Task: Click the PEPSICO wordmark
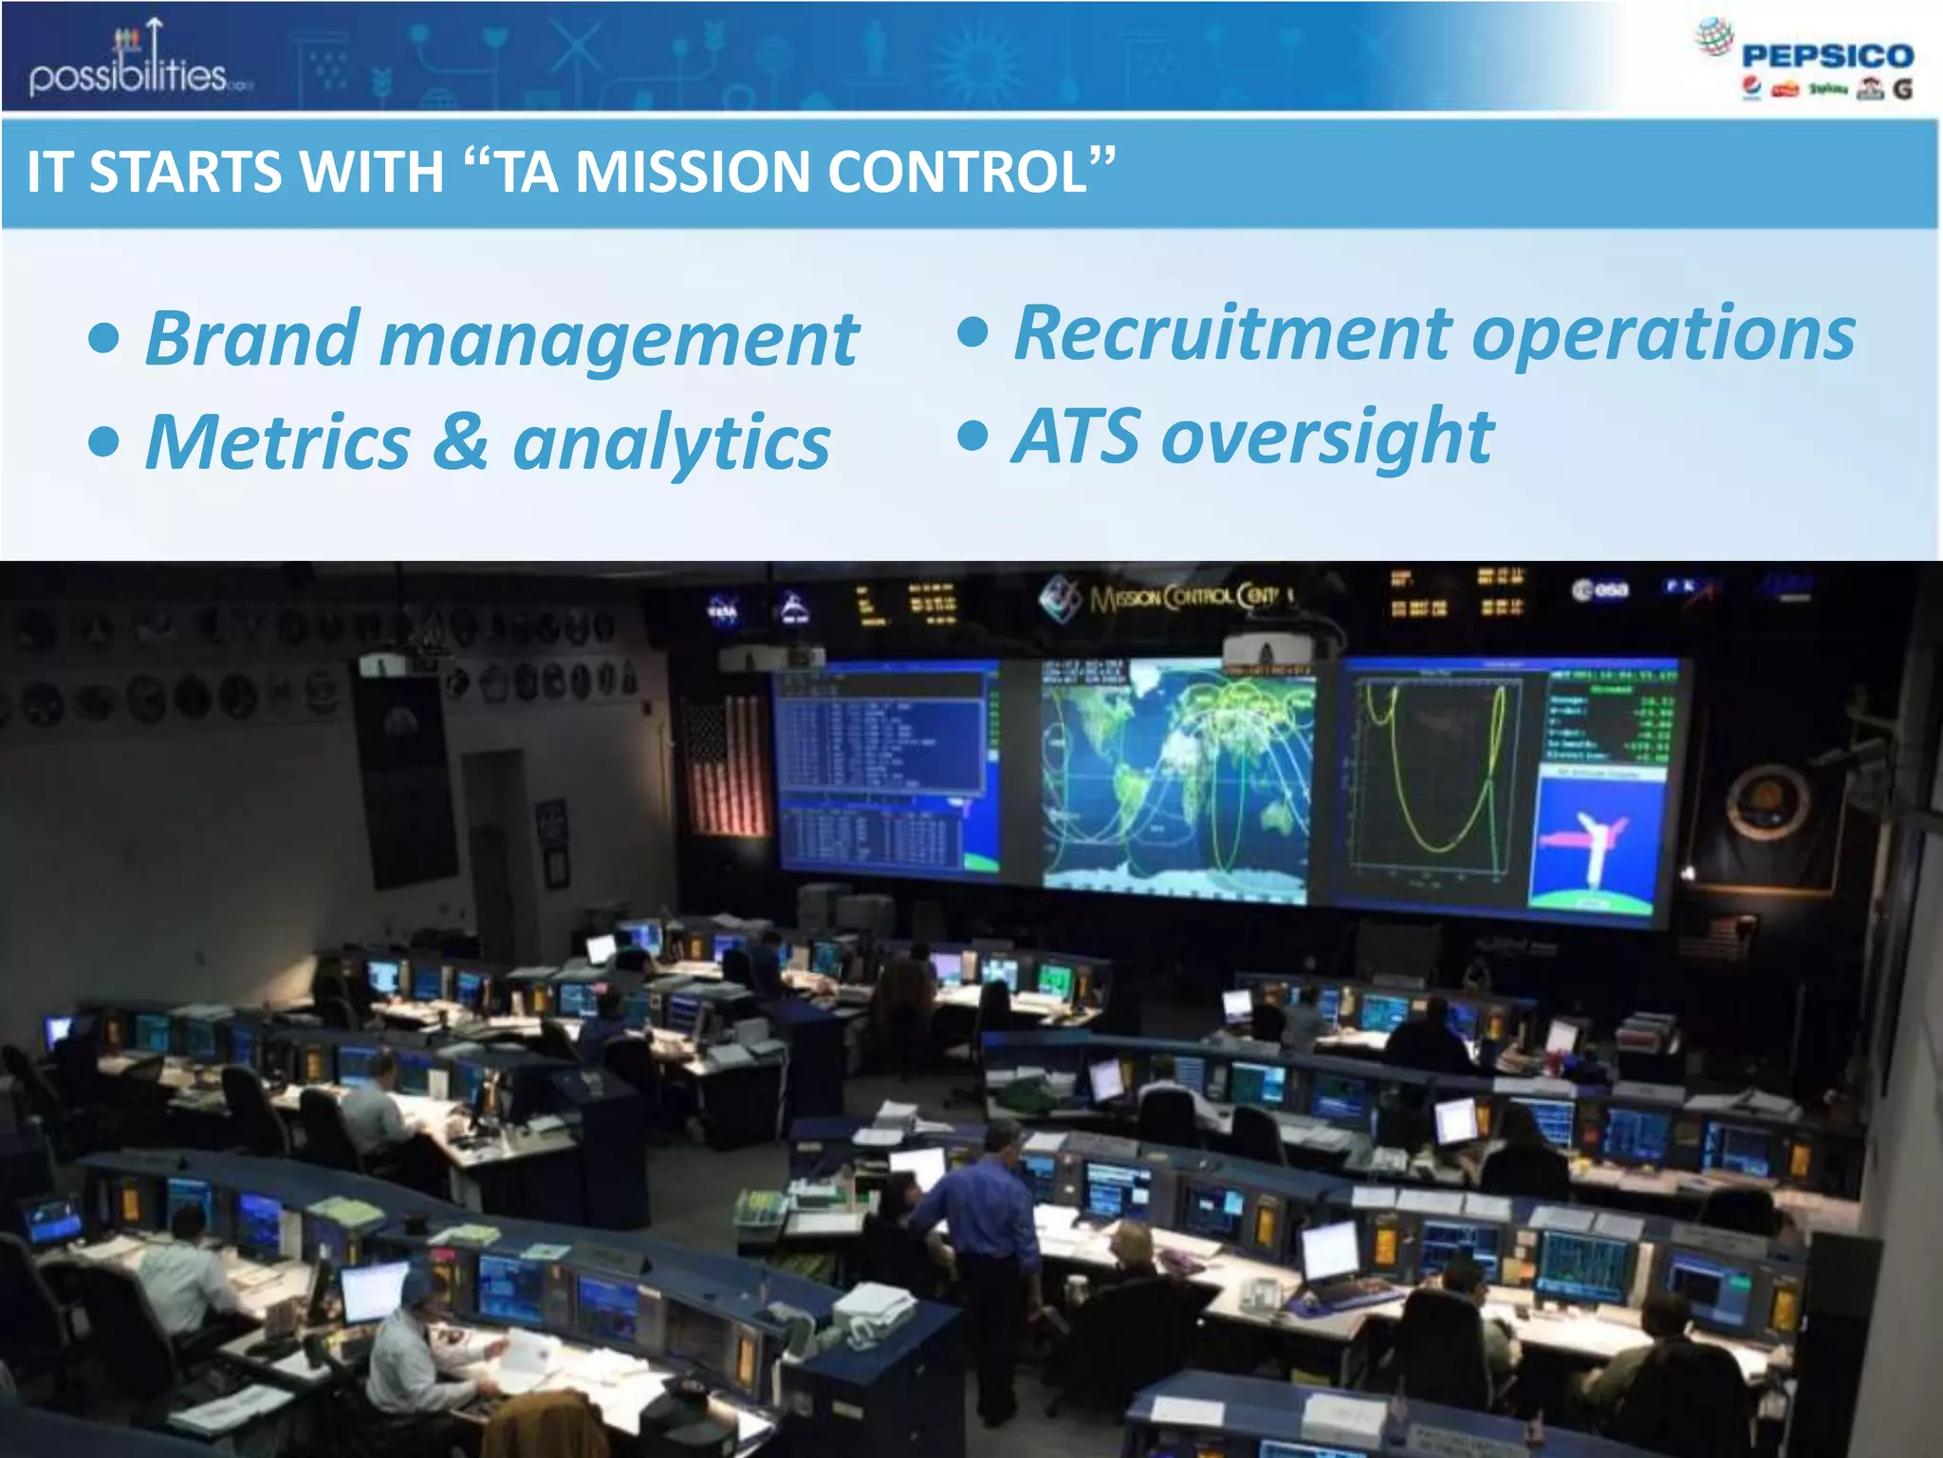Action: point(1827,56)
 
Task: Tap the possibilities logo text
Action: point(128,74)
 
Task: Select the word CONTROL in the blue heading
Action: point(958,172)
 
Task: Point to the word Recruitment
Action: point(1232,333)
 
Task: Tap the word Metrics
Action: point(278,441)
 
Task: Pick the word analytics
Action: point(672,444)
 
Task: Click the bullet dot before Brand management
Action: point(104,340)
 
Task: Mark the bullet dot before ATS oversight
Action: point(972,437)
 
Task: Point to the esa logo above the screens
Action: point(1601,590)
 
